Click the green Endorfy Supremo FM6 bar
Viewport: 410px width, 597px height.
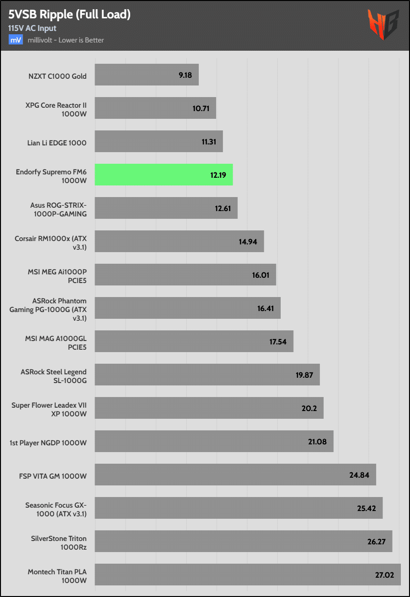click(x=164, y=174)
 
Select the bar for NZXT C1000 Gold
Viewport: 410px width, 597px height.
click(x=147, y=75)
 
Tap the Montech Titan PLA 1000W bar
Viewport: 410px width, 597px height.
click(x=247, y=574)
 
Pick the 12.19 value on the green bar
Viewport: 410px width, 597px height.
click(x=219, y=175)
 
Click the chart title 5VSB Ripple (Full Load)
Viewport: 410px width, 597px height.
click(x=69, y=15)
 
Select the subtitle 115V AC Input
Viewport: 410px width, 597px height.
click(x=32, y=28)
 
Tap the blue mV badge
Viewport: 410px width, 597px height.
click(x=15, y=40)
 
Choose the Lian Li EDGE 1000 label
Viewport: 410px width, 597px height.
click(x=57, y=142)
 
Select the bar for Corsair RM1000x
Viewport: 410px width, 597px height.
click(x=179, y=241)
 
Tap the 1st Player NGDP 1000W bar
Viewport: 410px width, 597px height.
click(x=214, y=441)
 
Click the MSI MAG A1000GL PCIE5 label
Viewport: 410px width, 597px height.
click(x=56, y=341)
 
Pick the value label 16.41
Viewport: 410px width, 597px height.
click(x=266, y=308)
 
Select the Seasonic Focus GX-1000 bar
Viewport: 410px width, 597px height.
click(x=238, y=508)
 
